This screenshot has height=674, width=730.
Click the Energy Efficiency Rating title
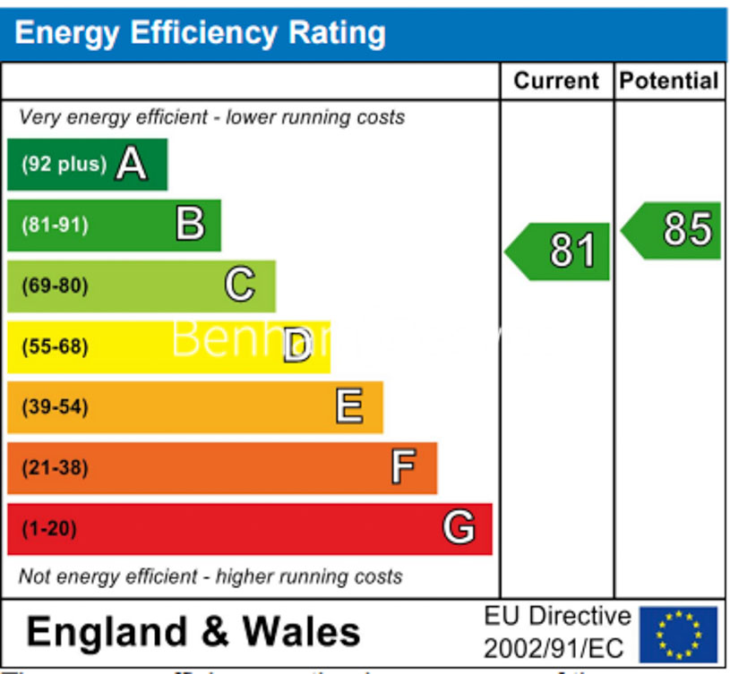click(x=200, y=33)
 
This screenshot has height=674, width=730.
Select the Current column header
click(x=555, y=81)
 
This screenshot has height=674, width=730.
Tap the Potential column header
click(x=669, y=81)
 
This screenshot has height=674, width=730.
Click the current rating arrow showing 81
click(x=560, y=252)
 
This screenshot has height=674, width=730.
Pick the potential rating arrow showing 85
click(x=674, y=230)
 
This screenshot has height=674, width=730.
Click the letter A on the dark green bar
click(x=131, y=164)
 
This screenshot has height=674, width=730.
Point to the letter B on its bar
click(x=190, y=224)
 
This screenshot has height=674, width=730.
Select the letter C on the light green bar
click(x=239, y=286)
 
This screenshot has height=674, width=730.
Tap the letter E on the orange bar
click(x=349, y=407)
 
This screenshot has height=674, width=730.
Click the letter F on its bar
click(x=403, y=467)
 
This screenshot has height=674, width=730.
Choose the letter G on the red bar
click(x=458, y=528)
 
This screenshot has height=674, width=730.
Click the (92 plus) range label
click(x=64, y=165)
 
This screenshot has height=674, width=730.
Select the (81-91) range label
click(x=55, y=225)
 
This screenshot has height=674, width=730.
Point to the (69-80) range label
click(x=55, y=286)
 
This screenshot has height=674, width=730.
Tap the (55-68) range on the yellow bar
click(x=55, y=346)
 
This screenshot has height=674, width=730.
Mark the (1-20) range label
click(x=49, y=529)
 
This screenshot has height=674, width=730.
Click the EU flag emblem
click(x=678, y=634)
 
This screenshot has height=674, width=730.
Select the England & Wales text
click(x=193, y=632)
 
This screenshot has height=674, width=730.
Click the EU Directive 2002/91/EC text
click(x=557, y=632)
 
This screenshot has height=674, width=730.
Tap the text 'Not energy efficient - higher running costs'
click(x=210, y=576)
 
